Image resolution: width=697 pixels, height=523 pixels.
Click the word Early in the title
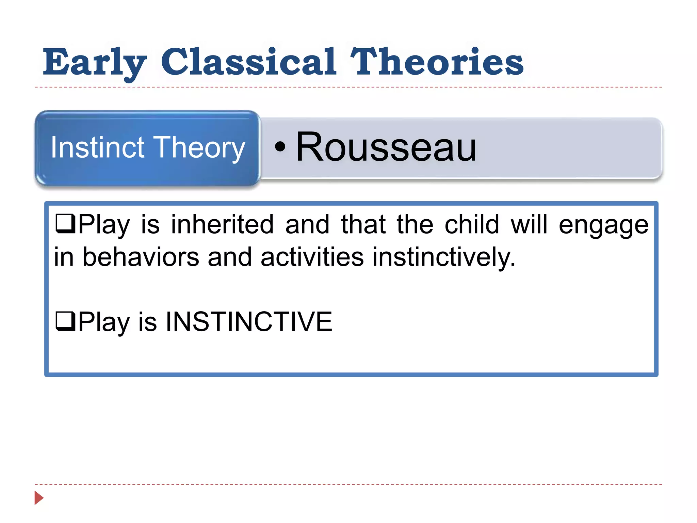tap(95, 62)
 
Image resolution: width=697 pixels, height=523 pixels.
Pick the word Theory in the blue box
tap(200, 148)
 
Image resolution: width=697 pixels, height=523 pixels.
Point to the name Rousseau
tap(386, 147)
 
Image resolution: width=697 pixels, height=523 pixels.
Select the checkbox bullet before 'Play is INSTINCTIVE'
tap(65, 321)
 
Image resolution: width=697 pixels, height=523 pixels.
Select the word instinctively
tap(444, 257)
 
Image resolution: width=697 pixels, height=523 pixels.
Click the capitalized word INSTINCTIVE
tap(249, 321)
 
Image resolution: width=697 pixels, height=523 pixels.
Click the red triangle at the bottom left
tap(39, 498)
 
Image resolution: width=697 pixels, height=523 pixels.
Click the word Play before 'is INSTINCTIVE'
tap(104, 322)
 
